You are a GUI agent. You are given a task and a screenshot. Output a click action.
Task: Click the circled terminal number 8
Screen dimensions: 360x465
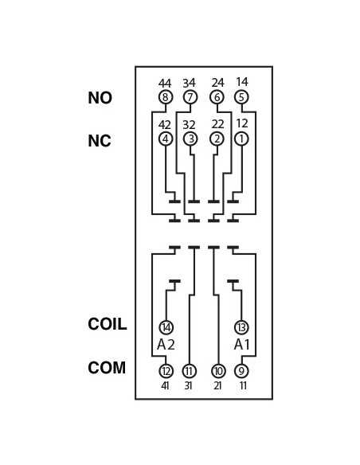[166, 97]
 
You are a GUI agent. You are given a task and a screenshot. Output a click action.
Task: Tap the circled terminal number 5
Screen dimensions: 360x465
[241, 97]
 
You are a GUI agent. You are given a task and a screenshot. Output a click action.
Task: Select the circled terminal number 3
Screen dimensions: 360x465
[190, 139]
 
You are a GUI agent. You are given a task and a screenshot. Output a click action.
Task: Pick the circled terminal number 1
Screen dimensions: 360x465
[241, 139]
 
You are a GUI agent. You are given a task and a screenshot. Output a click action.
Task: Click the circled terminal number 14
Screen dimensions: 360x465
[166, 328]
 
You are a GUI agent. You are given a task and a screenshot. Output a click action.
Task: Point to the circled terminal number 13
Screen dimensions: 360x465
[241, 328]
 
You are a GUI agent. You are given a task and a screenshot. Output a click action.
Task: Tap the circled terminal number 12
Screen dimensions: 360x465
[166, 371]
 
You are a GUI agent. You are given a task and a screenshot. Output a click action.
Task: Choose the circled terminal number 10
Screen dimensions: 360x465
[218, 371]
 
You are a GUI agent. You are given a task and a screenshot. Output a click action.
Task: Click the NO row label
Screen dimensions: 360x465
[100, 98]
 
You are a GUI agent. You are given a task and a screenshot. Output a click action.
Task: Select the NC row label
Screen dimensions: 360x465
[100, 141]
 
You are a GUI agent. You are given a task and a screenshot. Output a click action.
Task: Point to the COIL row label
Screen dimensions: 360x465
[108, 324]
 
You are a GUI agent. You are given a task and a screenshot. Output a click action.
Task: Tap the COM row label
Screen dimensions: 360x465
[107, 368]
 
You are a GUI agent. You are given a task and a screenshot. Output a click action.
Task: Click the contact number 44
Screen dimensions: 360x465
[165, 84]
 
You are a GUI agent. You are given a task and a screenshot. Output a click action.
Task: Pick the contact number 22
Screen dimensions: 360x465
[217, 124]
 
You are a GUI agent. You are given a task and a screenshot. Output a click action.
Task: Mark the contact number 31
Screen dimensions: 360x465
[188, 386]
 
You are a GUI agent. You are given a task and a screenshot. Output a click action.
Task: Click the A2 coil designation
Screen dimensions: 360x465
[166, 345]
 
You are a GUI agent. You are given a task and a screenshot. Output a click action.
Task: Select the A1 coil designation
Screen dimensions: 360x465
[241, 345]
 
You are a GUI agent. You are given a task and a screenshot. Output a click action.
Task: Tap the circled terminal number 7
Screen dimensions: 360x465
[190, 97]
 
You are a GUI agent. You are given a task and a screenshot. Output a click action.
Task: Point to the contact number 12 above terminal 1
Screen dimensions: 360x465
[242, 123]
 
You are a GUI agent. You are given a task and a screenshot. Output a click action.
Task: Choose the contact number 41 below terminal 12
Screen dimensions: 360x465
[165, 386]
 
